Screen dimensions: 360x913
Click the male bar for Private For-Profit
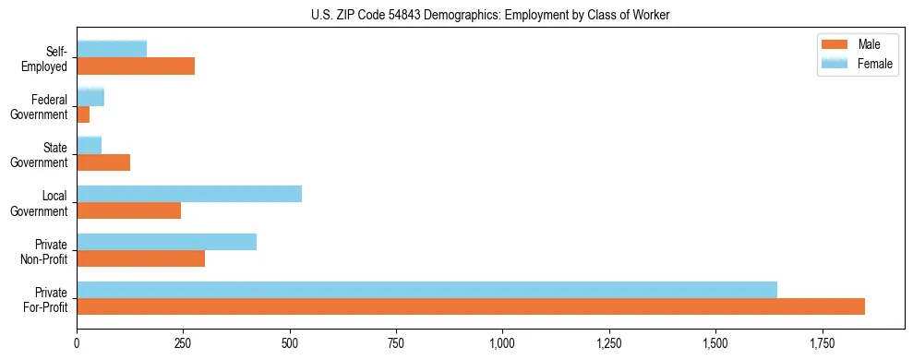tap(471, 306)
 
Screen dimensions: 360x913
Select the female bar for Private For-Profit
tap(426, 290)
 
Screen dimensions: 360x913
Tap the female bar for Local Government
tap(189, 194)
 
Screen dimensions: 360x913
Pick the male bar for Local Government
tap(129, 210)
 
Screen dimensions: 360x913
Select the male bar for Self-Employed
tap(136, 66)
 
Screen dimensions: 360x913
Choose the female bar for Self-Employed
tap(112, 50)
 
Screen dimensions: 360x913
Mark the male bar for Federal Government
tap(83, 114)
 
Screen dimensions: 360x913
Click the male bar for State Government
tap(103, 162)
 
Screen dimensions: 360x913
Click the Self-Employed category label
tap(48, 58)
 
